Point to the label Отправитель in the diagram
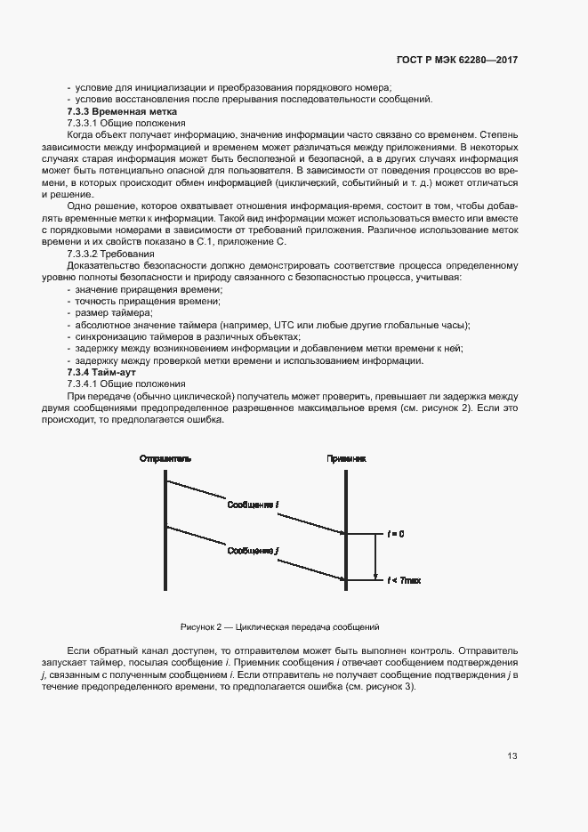[165, 458]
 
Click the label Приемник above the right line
[346, 458]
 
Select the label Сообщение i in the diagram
[254, 505]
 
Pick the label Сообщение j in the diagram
[254, 551]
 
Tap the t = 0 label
[396, 534]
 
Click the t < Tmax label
[404, 580]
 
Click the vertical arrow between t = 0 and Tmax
[375, 557]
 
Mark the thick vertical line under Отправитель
[165, 534]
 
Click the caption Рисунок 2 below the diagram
[279, 627]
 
